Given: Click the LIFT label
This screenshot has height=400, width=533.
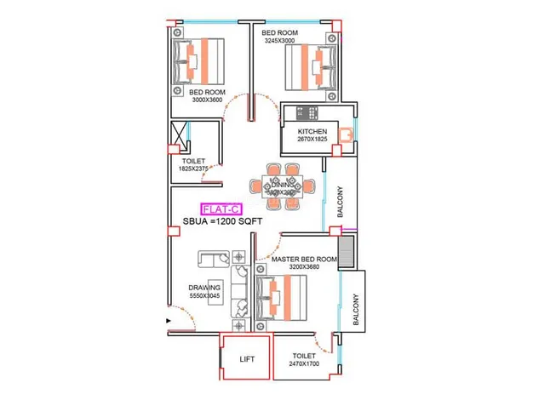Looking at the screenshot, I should click(x=246, y=360).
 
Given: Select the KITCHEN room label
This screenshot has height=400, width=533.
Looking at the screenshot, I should click(x=312, y=132).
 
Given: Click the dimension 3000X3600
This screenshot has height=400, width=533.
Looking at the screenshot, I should click(x=206, y=100).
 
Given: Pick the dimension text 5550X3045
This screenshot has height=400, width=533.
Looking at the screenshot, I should click(x=204, y=296).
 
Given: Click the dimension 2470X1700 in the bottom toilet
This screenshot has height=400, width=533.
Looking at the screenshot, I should click(x=304, y=364).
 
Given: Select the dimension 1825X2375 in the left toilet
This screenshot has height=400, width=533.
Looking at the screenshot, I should click(x=195, y=169).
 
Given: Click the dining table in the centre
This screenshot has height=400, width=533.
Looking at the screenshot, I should click(x=281, y=186).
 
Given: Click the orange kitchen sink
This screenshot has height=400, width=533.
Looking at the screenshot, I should click(x=345, y=133).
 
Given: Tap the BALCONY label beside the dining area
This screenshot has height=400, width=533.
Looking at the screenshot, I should click(x=341, y=203).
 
